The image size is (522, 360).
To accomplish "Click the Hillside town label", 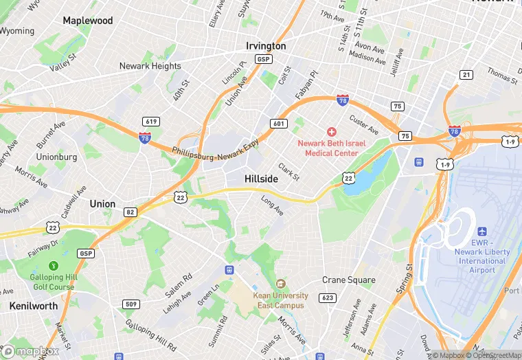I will pyautogui.click(x=261, y=179).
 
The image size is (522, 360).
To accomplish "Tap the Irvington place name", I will pyautogui.click(x=266, y=46).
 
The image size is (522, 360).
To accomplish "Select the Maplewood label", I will pyautogui.click(x=88, y=21).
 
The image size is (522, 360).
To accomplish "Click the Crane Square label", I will pyautogui.click(x=349, y=280).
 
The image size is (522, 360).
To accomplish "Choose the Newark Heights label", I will pyautogui.click(x=150, y=67).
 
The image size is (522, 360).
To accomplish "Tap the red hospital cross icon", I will pyautogui.click(x=332, y=131).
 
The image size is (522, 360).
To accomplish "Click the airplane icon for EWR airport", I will pyautogui.click(x=481, y=232).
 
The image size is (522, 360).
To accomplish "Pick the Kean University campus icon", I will pyautogui.click(x=280, y=284).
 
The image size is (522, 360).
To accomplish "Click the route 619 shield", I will pyautogui.click(x=151, y=122).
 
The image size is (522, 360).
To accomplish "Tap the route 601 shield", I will pyautogui.click(x=278, y=124).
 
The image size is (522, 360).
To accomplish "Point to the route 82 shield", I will pyautogui.click(x=130, y=212).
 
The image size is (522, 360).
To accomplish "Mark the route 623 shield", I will pyautogui.click(x=328, y=297).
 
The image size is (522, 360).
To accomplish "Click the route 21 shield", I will pyautogui.click(x=466, y=75).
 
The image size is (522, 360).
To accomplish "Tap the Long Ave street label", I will pyautogui.click(x=272, y=205).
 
